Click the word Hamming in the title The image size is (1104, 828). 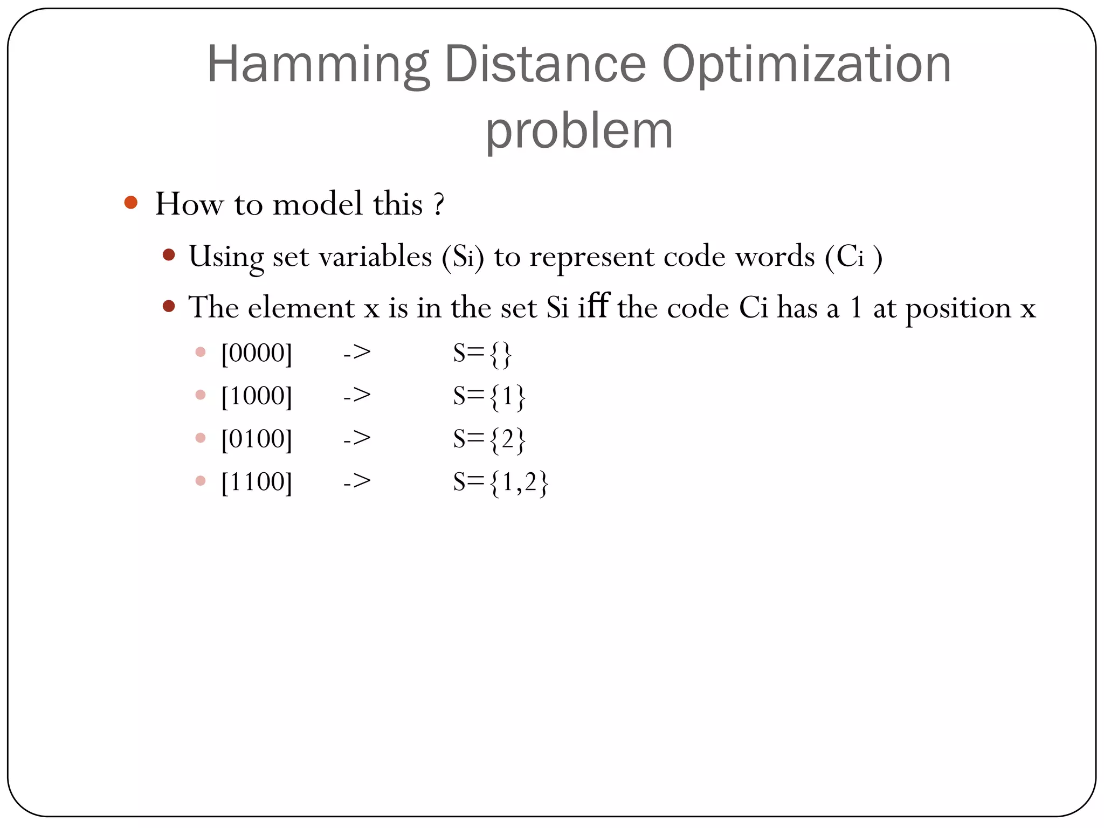tap(318, 66)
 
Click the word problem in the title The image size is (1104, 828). tap(579, 132)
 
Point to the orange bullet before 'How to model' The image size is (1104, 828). tap(130, 203)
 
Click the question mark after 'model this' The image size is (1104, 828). tap(439, 204)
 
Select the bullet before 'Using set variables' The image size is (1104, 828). tap(169, 255)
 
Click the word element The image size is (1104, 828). tap(301, 308)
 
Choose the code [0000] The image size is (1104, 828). tap(257, 354)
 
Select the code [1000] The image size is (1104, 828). tap(257, 396)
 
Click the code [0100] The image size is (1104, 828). tap(257, 439)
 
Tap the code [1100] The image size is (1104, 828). tap(257, 481)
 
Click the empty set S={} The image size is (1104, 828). tap(482, 354)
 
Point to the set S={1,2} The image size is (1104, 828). tap(500, 482)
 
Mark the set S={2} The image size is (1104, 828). tap(489, 439)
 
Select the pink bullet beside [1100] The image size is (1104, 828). tap(201, 481)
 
